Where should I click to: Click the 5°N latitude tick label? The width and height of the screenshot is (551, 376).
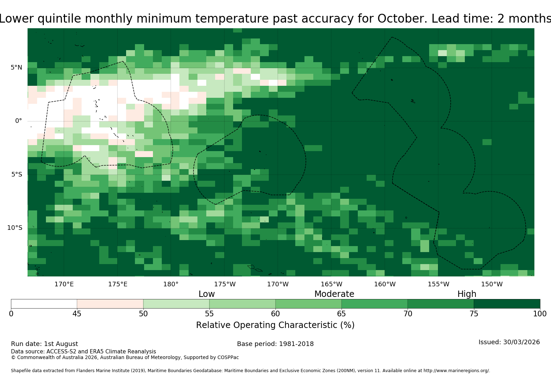(x=16, y=67)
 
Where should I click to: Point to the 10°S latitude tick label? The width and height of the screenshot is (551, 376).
(x=15, y=228)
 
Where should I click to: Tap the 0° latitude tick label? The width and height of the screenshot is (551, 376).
(x=18, y=121)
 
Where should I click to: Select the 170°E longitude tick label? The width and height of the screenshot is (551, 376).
(x=64, y=284)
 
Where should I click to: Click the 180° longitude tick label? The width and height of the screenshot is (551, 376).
(x=171, y=284)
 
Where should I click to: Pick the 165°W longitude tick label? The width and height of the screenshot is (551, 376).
(x=332, y=284)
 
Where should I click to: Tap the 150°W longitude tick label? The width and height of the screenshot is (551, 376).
(x=492, y=284)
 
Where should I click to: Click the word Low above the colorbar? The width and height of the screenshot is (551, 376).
(x=207, y=294)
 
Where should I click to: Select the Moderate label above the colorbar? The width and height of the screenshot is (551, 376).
(x=334, y=294)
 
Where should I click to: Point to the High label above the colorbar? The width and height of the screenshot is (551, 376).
(x=467, y=294)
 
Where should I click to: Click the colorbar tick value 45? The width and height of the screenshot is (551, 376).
(x=77, y=314)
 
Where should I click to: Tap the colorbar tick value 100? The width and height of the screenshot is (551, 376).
(x=540, y=314)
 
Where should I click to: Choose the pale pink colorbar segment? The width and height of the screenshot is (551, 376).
(x=110, y=304)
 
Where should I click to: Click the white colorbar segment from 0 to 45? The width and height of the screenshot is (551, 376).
(x=44, y=304)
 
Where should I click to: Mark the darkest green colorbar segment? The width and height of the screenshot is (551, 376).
(x=507, y=304)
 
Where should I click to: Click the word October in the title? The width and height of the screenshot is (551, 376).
(x=402, y=19)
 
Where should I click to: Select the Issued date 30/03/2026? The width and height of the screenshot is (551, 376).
(x=521, y=342)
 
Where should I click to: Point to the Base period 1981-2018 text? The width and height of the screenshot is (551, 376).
(x=275, y=344)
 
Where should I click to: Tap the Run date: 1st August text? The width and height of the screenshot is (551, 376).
(x=45, y=344)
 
